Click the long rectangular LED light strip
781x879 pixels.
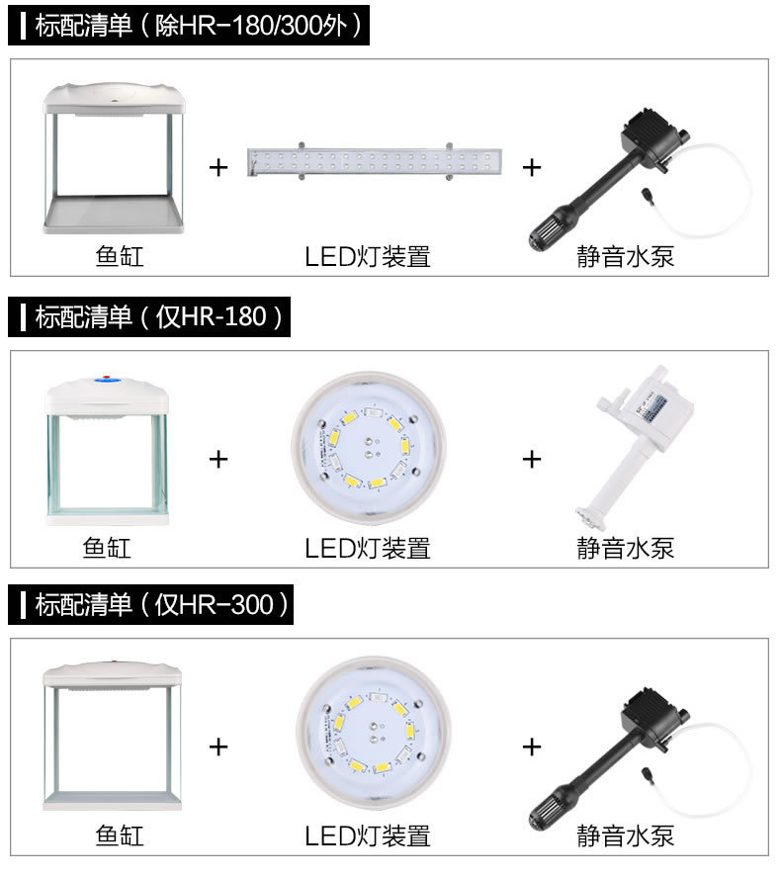(x=375, y=161)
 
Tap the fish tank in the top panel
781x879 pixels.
(x=114, y=158)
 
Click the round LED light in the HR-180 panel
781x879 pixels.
(x=369, y=447)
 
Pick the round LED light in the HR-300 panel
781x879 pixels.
(x=374, y=733)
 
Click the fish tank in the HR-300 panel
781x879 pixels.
(x=112, y=735)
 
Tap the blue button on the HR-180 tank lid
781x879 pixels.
(x=108, y=381)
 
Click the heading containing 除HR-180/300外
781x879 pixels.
(x=189, y=26)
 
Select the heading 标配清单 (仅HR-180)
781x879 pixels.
(x=149, y=316)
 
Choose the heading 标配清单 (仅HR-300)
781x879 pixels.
(x=151, y=604)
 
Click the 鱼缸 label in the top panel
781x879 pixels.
(x=120, y=257)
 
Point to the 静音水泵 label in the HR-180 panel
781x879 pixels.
(x=625, y=548)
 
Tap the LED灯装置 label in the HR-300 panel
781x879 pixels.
(x=368, y=835)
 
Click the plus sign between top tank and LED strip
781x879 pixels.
(x=218, y=168)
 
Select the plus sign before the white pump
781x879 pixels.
(x=532, y=459)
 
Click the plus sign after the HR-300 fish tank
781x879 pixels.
(x=218, y=747)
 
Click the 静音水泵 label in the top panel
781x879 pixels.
(x=625, y=257)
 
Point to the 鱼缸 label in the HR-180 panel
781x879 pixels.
(x=107, y=548)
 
